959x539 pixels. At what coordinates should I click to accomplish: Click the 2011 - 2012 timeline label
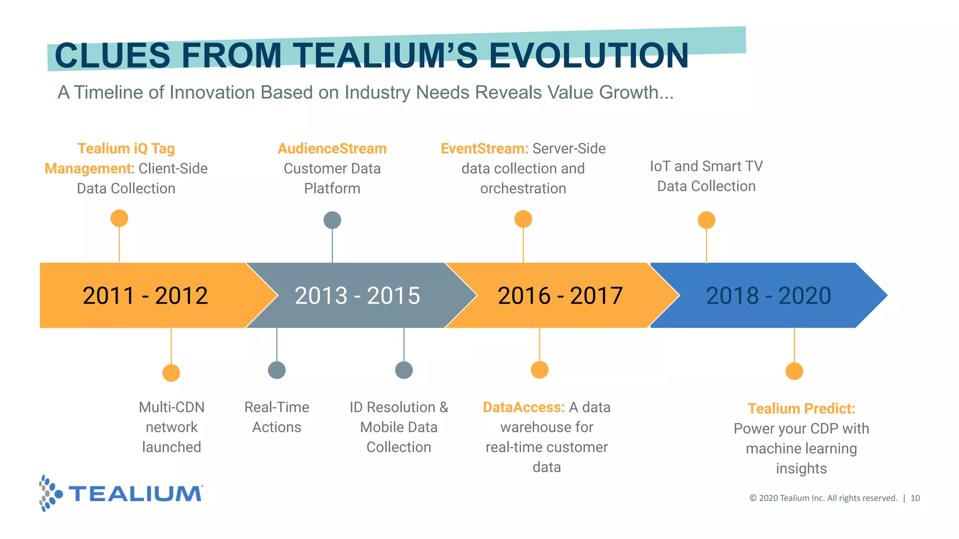[x=145, y=296]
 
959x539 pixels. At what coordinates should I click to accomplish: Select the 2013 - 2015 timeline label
[x=357, y=296]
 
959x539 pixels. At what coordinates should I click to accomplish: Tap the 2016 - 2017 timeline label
[x=560, y=296]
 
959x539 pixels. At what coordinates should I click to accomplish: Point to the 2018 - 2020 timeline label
[x=768, y=296]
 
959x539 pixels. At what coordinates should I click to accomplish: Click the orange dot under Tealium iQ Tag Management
[x=119, y=219]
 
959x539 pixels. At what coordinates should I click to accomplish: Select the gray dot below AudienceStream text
[x=332, y=220]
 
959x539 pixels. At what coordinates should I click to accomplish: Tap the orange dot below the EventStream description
[x=523, y=219]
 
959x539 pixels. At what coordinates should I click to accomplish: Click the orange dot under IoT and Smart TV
[x=707, y=220]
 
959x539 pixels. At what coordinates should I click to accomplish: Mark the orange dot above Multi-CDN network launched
[x=171, y=373]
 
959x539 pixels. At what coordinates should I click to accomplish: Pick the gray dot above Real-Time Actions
[x=277, y=370]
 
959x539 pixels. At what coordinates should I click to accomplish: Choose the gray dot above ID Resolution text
[x=404, y=370]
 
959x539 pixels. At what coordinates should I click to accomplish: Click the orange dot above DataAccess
[x=540, y=370]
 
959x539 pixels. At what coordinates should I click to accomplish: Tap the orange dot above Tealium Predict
[x=794, y=371]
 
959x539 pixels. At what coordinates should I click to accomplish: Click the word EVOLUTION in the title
[x=589, y=56]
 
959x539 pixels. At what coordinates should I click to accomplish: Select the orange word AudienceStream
[x=332, y=149]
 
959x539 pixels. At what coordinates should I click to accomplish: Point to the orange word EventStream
[x=484, y=149]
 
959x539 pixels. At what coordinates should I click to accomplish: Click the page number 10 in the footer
[x=915, y=498]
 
